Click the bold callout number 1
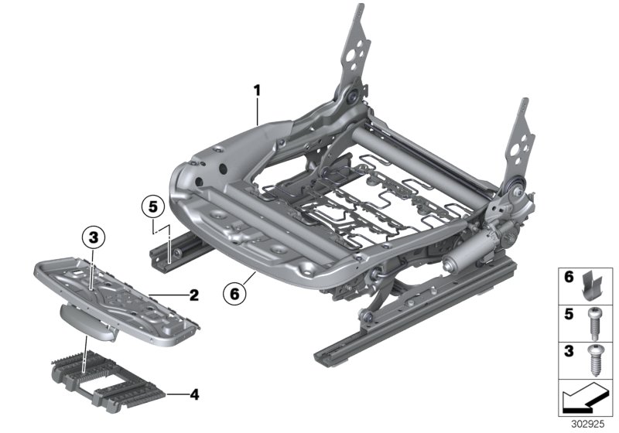coord(257,90)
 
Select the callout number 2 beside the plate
coord(193,295)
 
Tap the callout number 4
coord(193,395)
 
